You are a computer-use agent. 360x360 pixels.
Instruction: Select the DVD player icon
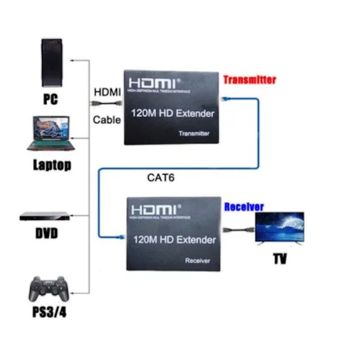click(x=45, y=216)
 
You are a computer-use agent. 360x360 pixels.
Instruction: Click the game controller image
click(x=49, y=289)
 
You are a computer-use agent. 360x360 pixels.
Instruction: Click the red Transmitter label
click(x=249, y=80)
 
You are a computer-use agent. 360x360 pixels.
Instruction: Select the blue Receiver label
click(x=244, y=207)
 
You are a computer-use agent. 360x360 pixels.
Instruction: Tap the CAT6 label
click(x=161, y=177)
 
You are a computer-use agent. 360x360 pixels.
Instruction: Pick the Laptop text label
click(x=52, y=165)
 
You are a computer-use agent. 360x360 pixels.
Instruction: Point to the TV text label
click(x=279, y=259)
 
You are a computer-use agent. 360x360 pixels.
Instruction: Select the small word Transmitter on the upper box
click(x=194, y=134)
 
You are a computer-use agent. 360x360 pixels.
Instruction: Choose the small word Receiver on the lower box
click(x=198, y=261)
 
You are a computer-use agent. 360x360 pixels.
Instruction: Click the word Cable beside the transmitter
click(x=107, y=120)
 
